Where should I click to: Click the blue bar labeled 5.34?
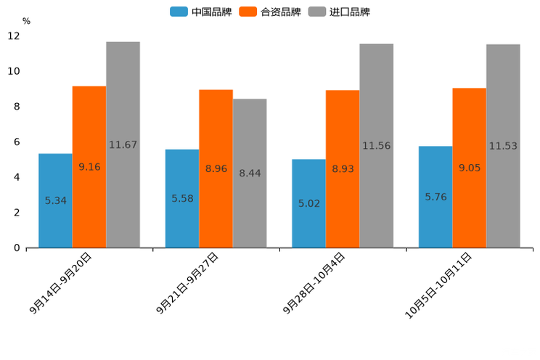(55, 201)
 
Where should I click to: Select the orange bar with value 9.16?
(89, 167)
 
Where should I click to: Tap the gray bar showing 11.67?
(123, 144)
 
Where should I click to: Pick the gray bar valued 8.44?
(250, 173)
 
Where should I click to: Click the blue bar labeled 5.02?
(308, 203)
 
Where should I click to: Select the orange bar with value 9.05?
(469, 168)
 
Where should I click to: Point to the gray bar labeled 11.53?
(503, 146)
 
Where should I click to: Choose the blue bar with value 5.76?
(435, 197)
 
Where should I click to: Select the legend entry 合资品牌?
(271, 12)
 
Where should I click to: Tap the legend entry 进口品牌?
(340, 12)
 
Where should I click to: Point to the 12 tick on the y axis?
(14, 36)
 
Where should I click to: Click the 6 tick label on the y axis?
(17, 142)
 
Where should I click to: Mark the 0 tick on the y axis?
(17, 248)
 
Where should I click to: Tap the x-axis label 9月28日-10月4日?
(314, 283)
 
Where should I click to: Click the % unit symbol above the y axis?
(26, 21)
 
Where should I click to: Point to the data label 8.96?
(216, 168)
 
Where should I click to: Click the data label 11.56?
(376, 146)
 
